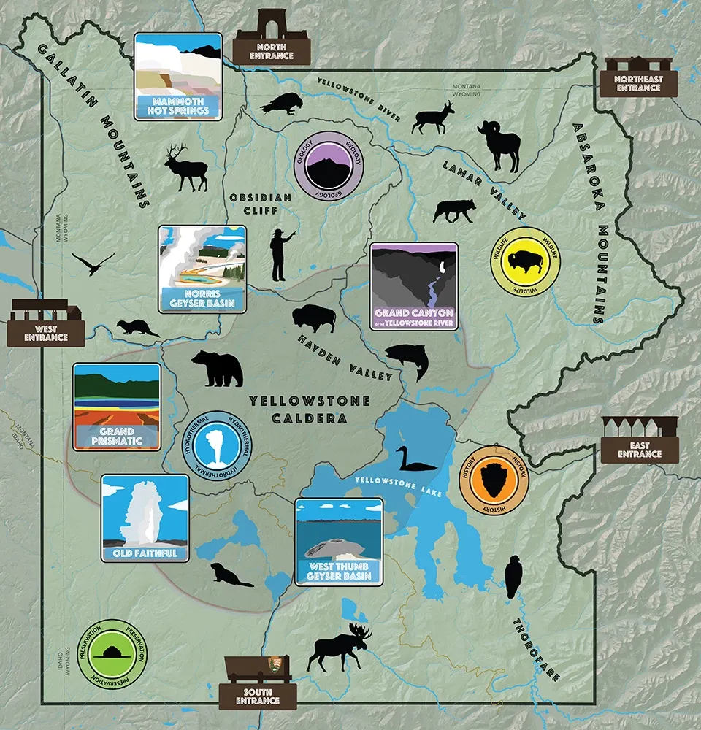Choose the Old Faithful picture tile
tap(145, 518)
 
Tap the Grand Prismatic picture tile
tap(117, 407)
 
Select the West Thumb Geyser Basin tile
tap(339, 542)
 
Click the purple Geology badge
tap(329, 166)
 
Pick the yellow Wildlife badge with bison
tap(525, 261)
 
